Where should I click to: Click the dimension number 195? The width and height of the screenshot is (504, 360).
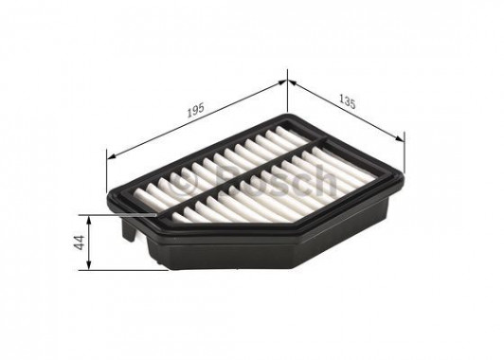[x=195, y=111]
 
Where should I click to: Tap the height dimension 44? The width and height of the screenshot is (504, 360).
[x=80, y=243]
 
